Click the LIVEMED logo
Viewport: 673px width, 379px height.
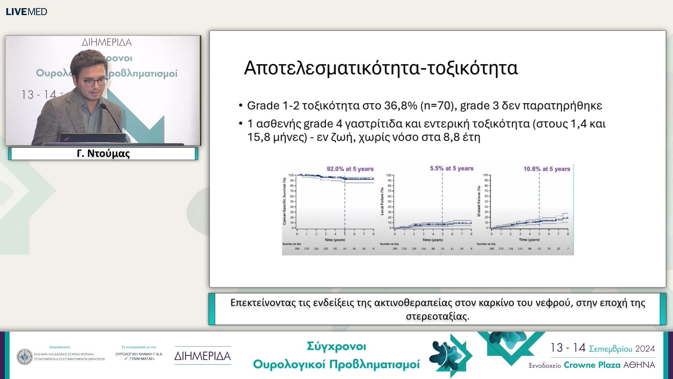(x=26, y=12)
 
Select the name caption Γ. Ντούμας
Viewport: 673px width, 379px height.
(x=103, y=154)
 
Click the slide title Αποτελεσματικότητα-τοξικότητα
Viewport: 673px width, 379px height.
(x=381, y=68)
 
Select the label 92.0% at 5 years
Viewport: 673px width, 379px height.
(x=350, y=169)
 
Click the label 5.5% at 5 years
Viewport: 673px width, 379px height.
(x=451, y=168)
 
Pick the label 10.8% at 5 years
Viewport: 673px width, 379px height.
(x=546, y=169)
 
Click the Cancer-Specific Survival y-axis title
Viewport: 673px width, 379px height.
(x=285, y=201)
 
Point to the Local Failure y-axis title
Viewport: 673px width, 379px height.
(x=382, y=201)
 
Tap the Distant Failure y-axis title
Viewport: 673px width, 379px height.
(x=479, y=201)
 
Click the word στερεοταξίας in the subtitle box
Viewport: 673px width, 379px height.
(x=437, y=317)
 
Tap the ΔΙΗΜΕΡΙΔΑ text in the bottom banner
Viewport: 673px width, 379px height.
(x=203, y=356)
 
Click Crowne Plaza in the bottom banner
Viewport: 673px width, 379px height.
(x=591, y=365)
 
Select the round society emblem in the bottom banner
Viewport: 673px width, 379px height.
(x=25, y=357)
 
